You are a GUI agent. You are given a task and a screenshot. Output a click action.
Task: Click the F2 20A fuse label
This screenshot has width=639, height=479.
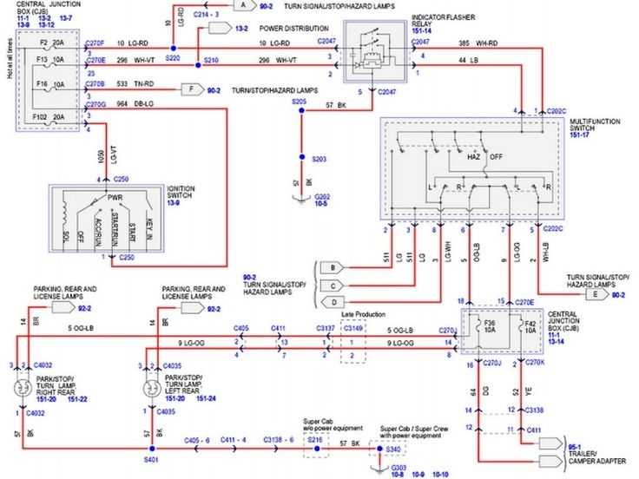[49, 41]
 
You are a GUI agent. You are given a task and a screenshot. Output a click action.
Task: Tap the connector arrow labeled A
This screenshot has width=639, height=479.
[244, 6]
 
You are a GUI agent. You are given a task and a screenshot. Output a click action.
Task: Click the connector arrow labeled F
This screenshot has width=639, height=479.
[188, 89]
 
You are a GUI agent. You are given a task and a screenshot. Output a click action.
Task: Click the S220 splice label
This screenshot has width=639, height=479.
[172, 57]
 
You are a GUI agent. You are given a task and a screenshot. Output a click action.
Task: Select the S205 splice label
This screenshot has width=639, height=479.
[299, 102]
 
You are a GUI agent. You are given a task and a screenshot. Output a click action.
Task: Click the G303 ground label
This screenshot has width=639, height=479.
[376, 468]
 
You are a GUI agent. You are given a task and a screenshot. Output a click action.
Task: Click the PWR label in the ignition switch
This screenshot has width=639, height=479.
[114, 197]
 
